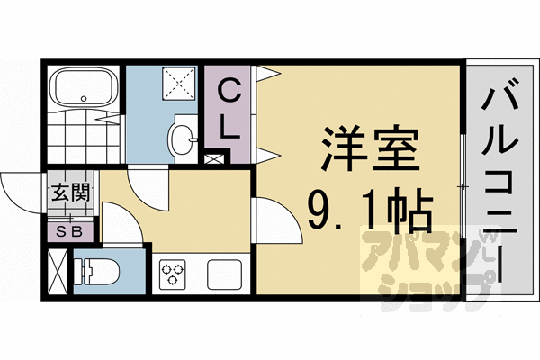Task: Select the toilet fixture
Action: pos(94,272)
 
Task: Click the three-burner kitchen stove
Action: pos(172,274)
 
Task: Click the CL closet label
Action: pos(231,108)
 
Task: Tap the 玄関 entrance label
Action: pos(69,192)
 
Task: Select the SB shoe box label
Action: pos(69,230)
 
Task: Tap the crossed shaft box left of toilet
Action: pos(58,271)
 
